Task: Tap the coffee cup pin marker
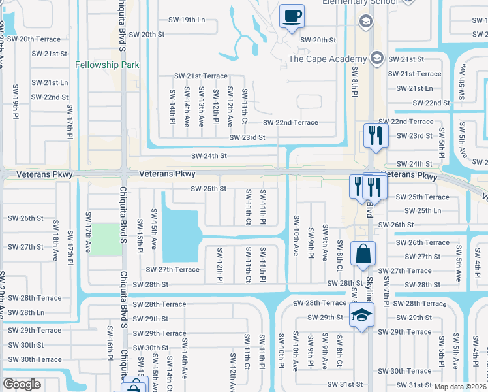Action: pyautogui.click(x=292, y=15)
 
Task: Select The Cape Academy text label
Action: pyautogui.click(x=327, y=59)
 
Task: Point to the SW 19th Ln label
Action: pyautogui.click(x=185, y=20)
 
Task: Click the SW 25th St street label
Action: pyautogui.click(x=208, y=189)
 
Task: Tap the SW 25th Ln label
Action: pyautogui.click(x=423, y=210)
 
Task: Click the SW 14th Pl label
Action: pyautogui.click(x=172, y=106)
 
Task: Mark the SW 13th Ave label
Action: pyautogui.click(x=201, y=106)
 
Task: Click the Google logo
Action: pyautogui.click(x=22, y=384)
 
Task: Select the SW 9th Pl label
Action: pyautogui.click(x=310, y=241)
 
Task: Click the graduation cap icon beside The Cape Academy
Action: pyautogui.click(x=376, y=59)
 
